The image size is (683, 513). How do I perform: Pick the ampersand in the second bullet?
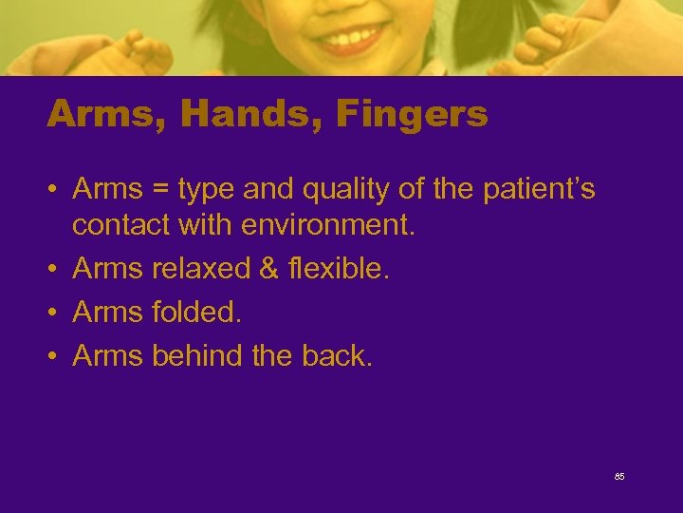[268, 269]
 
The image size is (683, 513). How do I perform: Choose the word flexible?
[338, 269]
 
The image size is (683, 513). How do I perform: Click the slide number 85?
[619, 476]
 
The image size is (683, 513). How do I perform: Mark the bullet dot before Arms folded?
[54, 313]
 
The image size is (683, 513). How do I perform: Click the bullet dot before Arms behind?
[54, 356]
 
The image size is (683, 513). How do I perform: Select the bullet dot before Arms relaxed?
[54, 270]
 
